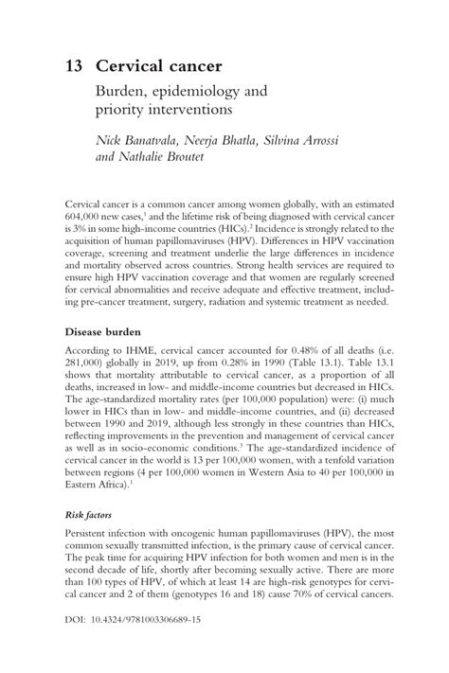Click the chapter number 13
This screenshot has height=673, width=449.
coord(74,67)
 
